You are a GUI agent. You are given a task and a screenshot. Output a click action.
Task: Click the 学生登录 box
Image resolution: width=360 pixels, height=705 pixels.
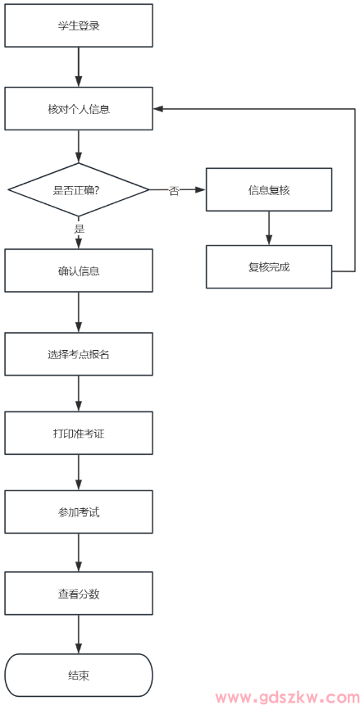(79, 25)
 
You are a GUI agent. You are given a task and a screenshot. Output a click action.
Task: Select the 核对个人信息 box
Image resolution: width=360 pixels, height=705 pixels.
(79, 109)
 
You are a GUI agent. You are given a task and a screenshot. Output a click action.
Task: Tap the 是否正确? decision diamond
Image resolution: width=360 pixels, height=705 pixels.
(79, 190)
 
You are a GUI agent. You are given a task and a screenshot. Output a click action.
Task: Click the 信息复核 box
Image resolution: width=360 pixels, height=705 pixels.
(269, 190)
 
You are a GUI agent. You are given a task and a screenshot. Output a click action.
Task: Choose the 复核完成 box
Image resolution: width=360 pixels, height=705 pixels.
(269, 267)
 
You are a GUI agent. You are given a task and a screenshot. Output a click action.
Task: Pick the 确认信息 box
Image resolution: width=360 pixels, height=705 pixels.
(79, 271)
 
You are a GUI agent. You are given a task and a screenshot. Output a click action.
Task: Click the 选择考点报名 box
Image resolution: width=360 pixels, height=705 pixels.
(79, 354)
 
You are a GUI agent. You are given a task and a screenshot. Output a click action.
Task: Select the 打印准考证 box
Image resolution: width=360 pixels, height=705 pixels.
(79, 433)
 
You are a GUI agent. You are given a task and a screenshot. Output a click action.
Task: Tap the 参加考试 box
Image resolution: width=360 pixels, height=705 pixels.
(79, 512)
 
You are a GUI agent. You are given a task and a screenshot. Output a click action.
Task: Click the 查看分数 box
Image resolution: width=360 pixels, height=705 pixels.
(79, 594)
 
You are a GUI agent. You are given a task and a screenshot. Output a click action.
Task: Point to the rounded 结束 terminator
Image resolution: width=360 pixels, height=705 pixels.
(79, 675)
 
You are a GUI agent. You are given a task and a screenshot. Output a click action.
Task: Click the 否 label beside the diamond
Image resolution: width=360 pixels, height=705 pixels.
(174, 191)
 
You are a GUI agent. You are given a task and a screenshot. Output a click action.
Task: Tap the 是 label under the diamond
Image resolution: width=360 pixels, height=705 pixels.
(80, 230)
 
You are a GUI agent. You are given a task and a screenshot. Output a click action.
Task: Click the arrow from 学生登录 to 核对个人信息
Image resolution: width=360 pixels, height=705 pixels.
(79, 67)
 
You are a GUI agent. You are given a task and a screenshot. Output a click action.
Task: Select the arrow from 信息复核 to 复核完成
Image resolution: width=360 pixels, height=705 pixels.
(269, 229)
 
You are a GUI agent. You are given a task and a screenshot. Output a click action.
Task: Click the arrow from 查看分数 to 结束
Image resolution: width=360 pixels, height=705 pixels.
(79, 634)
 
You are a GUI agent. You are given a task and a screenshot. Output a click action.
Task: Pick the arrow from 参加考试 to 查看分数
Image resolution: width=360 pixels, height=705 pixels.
(79, 553)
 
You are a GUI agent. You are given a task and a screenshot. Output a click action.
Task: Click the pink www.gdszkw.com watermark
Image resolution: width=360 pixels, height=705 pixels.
(286, 697)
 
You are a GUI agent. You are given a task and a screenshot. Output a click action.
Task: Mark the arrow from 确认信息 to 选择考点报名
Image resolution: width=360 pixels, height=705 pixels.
(79, 312)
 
